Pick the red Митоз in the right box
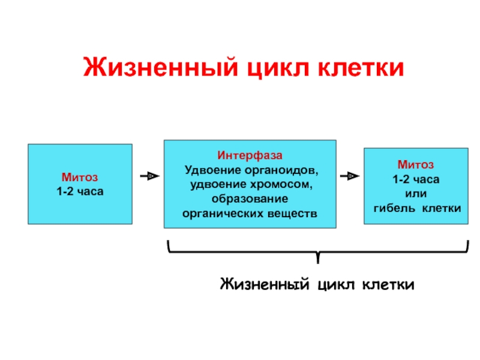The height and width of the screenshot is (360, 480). [415, 164]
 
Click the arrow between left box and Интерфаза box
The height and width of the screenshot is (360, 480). [149, 176]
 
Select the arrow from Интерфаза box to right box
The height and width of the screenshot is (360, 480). [350, 176]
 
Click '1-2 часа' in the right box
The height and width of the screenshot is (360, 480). [415, 179]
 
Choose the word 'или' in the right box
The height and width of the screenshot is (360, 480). [415, 193]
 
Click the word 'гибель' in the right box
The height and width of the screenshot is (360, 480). [394, 208]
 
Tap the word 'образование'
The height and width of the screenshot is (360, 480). [250, 199]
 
